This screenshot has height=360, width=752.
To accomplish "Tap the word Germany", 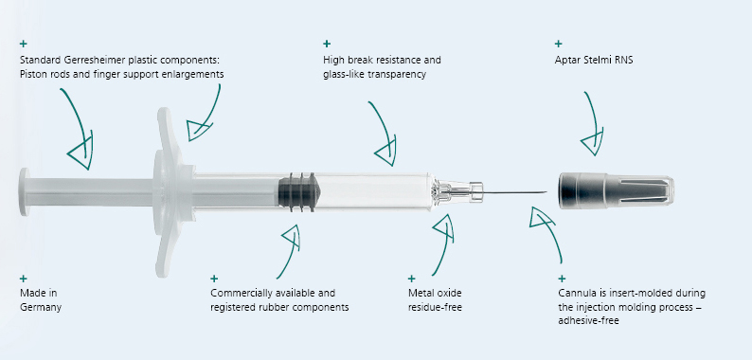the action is (41, 307).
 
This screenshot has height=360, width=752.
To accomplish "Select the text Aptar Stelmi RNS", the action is (594, 61).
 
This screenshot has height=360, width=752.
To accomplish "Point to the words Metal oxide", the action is (435, 293).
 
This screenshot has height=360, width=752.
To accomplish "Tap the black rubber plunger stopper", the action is (297, 192).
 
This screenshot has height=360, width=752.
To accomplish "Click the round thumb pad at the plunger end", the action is (25, 192).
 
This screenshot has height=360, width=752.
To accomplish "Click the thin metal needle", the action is (514, 192).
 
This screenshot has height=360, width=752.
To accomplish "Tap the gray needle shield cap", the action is (617, 190).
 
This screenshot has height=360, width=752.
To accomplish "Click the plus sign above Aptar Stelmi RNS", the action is (558, 44).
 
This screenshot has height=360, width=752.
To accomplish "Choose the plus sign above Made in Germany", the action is (24, 279).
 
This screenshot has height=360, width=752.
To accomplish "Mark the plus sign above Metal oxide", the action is (411, 279).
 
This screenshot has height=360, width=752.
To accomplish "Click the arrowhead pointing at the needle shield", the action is (593, 141).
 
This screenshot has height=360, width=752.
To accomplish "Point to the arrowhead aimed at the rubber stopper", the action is (292, 235).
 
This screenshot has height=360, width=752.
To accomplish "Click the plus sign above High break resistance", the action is (327, 44).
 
